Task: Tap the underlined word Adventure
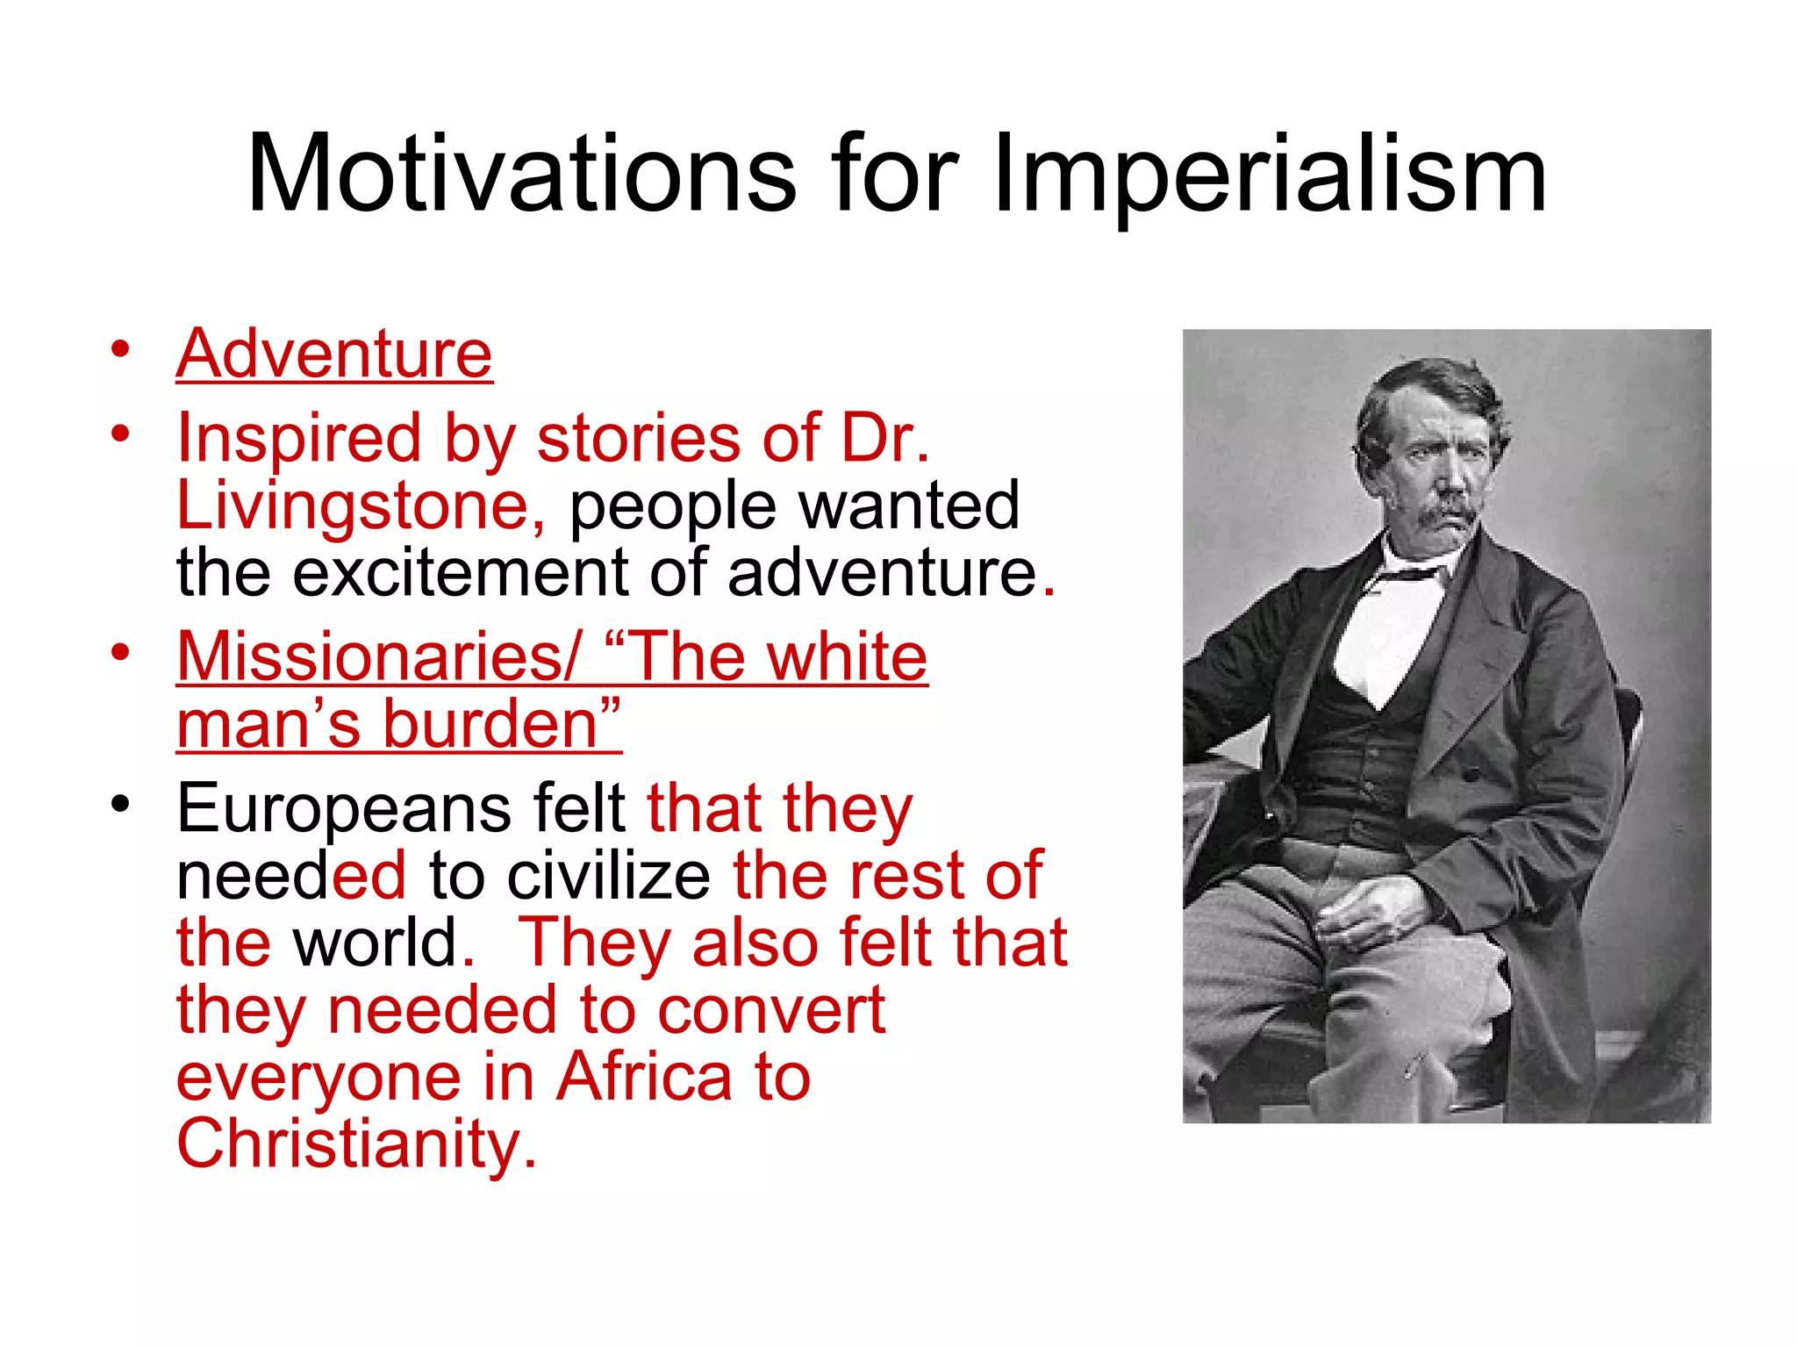tap(334, 354)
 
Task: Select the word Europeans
tap(343, 808)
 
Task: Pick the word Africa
tap(644, 1077)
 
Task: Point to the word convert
tap(771, 1010)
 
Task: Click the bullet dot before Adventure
tap(120, 349)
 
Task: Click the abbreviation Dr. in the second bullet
tap(884, 438)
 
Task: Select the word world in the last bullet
tap(375, 943)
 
